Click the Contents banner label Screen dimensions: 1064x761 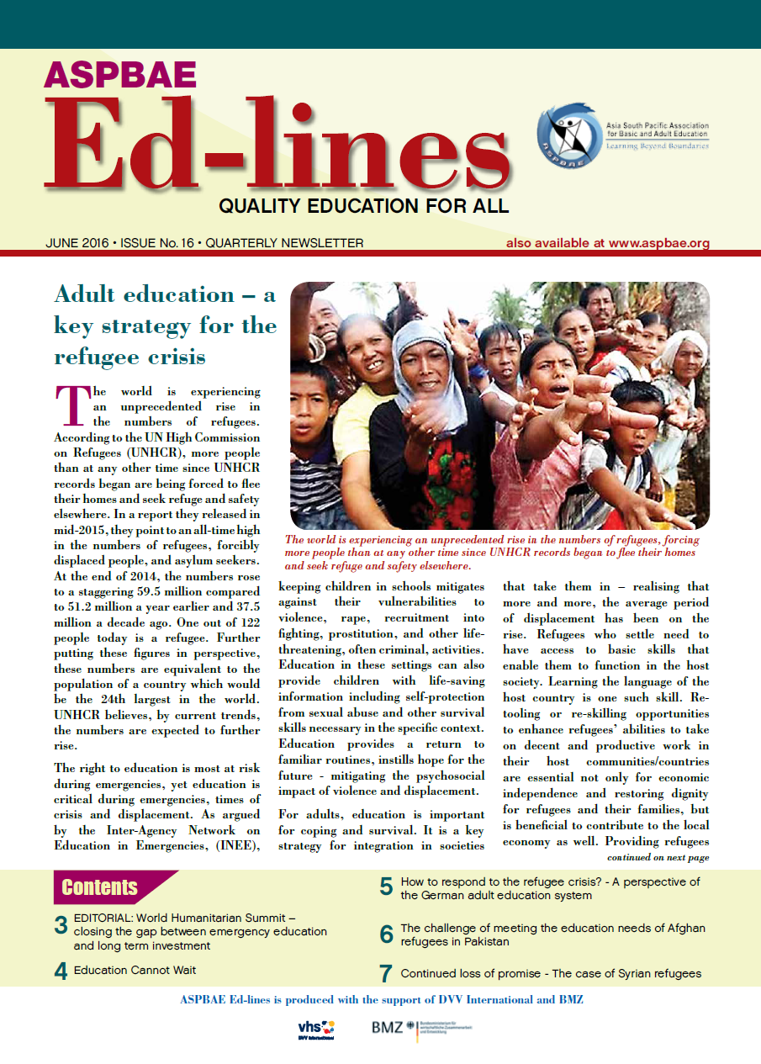click(100, 887)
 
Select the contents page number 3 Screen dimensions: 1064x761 click(61, 926)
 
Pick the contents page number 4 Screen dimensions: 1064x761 click(61, 971)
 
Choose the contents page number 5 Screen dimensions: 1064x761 click(386, 886)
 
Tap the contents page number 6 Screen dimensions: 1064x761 click(386, 934)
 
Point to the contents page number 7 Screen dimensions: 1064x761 click(386, 974)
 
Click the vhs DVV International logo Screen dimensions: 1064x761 click(316, 1028)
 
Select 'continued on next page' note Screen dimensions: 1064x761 click(658, 858)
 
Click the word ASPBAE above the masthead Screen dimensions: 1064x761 click(120, 76)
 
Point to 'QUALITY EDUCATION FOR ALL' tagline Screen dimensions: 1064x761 click(363, 204)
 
